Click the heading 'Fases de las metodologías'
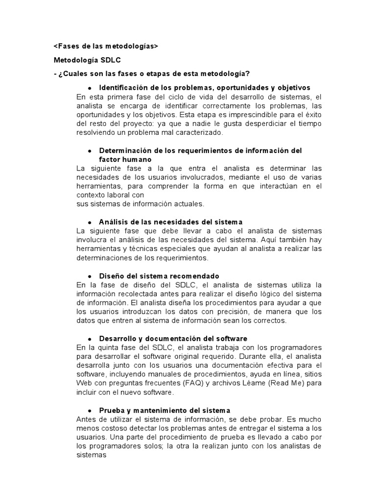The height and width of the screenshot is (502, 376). pos(106,46)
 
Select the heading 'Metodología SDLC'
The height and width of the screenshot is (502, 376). pos(87,60)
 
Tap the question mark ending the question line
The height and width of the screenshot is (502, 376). pos(248,74)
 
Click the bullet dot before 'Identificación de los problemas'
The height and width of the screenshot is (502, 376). pos(90,88)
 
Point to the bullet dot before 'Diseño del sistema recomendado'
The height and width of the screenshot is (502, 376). pos(90,276)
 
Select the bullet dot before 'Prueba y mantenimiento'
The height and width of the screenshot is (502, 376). pos(90,410)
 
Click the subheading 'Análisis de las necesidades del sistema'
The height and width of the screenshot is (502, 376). pos(170,222)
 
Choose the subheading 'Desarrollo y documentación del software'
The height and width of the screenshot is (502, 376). pos(173,339)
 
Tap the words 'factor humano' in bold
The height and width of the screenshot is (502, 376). pos(125,159)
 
